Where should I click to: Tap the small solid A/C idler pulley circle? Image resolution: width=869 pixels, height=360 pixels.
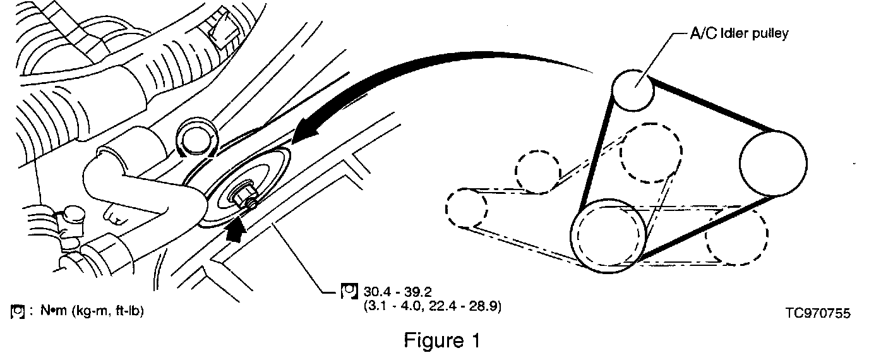click(633, 91)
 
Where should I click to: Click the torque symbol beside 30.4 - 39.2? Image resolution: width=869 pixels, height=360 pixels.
click(349, 292)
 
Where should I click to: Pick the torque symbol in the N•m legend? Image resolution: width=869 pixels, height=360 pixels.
click(18, 311)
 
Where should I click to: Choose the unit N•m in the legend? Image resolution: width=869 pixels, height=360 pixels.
click(48, 311)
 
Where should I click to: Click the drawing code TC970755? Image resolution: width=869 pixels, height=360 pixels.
click(818, 313)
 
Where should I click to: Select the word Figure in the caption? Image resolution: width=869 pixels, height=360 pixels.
click(434, 341)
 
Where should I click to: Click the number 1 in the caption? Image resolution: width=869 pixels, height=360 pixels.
click(475, 341)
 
